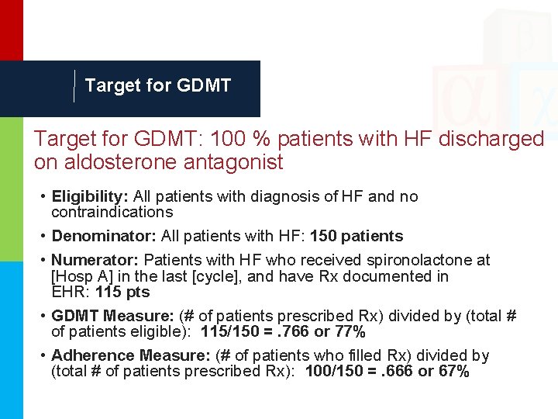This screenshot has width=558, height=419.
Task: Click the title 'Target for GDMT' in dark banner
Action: tap(158, 86)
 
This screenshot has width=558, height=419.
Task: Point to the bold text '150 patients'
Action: tap(356, 236)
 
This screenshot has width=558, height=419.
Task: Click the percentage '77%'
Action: tap(350, 332)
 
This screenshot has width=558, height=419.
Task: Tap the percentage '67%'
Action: tap(453, 372)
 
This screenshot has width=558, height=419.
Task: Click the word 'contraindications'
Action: tap(112, 212)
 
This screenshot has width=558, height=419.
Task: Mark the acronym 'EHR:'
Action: tap(70, 293)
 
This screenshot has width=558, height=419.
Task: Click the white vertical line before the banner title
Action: tap(74, 86)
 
